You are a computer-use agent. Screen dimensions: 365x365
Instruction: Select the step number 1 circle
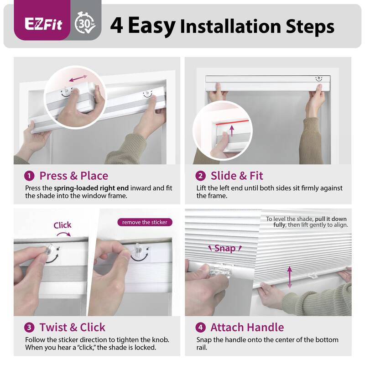click(x=30, y=176)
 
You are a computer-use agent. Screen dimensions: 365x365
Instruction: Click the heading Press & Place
click(x=74, y=176)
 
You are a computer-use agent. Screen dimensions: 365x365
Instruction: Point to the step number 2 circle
click(x=201, y=176)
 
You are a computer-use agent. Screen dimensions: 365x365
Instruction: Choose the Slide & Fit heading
click(x=237, y=176)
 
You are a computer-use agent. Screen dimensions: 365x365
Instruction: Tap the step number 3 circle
click(x=30, y=327)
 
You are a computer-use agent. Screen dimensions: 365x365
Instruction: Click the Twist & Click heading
click(x=72, y=327)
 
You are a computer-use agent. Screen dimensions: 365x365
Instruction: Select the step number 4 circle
click(x=201, y=327)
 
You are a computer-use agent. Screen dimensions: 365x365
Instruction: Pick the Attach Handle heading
click(x=247, y=327)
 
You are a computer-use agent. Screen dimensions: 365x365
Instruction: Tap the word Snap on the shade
click(x=225, y=248)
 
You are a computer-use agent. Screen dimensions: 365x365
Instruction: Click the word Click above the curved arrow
click(x=63, y=225)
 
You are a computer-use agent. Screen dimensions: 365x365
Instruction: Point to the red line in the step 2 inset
click(x=234, y=123)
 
